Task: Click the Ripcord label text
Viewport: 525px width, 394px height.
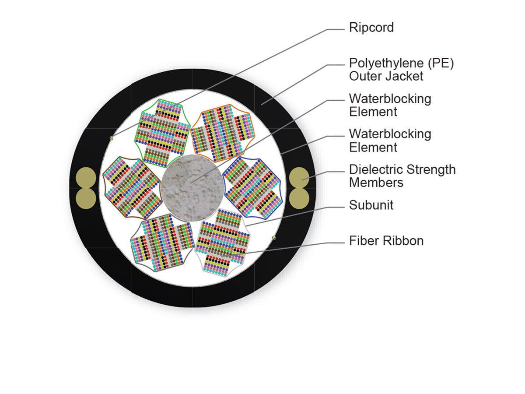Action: pyautogui.click(x=371, y=28)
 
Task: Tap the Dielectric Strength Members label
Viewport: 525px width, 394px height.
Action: pyautogui.click(x=402, y=176)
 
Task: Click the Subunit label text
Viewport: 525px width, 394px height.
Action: pyautogui.click(x=371, y=205)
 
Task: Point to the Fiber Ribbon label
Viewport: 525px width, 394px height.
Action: pyautogui.click(x=386, y=241)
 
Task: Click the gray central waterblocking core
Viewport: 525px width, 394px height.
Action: pyautogui.click(x=192, y=188)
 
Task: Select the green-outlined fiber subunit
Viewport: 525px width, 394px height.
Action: pyautogui.click(x=163, y=133)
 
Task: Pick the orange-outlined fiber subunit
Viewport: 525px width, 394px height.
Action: pyautogui.click(x=223, y=133)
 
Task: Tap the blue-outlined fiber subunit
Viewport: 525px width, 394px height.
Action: pyautogui.click(x=253, y=188)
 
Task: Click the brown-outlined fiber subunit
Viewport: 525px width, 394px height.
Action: pyautogui.click(x=133, y=188)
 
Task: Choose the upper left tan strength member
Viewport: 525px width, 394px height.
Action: pyautogui.click(x=86, y=177)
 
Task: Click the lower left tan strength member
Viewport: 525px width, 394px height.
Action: pyautogui.click(x=86, y=199)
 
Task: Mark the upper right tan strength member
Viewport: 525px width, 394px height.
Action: pyautogui.click(x=299, y=177)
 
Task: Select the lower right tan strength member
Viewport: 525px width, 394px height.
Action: pyautogui.click(x=299, y=199)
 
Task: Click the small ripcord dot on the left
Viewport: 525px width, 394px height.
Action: pyautogui.click(x=111, y=138)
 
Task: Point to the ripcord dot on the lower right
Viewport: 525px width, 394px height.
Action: pyautogui.click(x=274, y=238)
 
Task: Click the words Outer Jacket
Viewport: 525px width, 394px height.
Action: pyautogui.click(x=386, y=77)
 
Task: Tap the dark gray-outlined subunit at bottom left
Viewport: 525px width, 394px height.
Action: pyautogui.click(x=162, y=243)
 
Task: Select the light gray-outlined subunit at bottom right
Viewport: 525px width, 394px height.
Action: pyautogui.click(x=223, y=243)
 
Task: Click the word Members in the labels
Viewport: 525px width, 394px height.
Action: pyautogui.click(x=376, y=183)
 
